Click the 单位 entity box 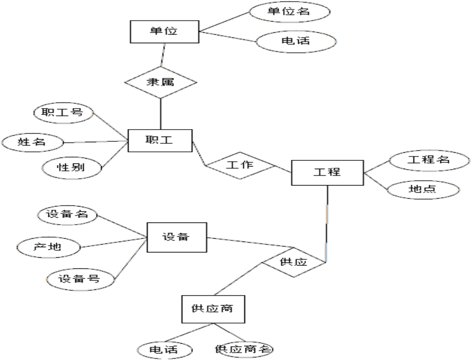164,31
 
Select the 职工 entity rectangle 160,140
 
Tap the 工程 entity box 327,172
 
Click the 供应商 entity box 214,309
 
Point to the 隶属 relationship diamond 161,82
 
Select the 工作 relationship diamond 240,164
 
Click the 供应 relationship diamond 294,261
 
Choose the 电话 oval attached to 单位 289,41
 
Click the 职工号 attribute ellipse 63,112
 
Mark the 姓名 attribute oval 32,142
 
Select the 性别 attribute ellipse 71,168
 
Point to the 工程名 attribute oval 428,160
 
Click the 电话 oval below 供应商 164,349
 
